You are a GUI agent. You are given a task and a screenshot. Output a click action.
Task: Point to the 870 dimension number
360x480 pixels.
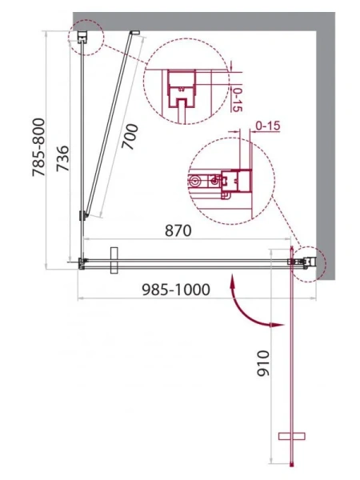[x=178, y=230]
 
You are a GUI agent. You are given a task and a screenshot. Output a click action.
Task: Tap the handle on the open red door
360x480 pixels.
[x=293, y=436]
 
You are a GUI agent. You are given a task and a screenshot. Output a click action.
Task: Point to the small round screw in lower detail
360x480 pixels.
[x=194, y=182]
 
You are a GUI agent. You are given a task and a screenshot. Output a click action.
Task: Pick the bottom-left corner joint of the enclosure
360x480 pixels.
[x=82, y=262]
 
